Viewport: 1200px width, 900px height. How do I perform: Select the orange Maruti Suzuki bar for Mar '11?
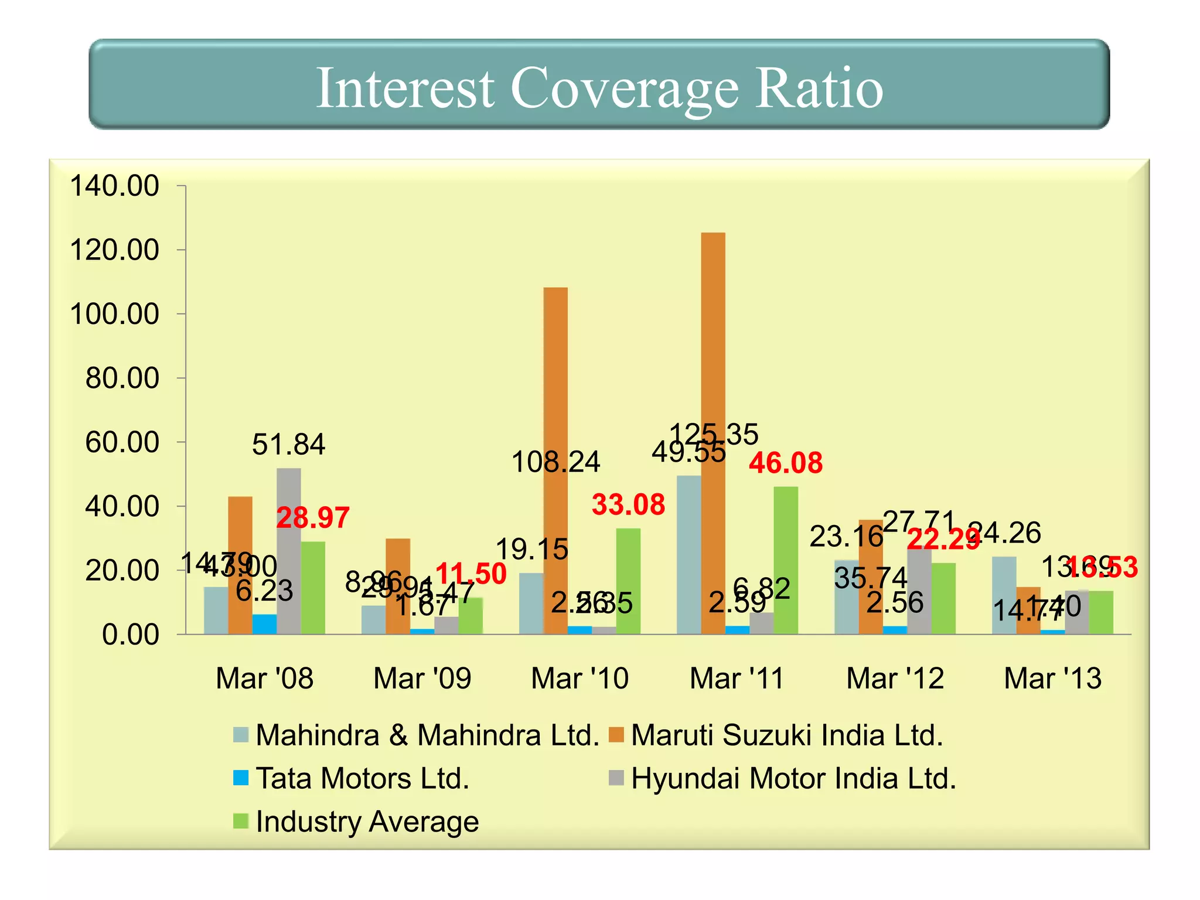point(713,434)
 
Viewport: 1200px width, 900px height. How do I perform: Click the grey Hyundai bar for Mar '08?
point(289,551)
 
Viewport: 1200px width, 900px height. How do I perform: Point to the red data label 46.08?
point(786,463)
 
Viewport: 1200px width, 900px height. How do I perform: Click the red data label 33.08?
point(628,504)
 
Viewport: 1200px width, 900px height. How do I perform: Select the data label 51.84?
point(288,444)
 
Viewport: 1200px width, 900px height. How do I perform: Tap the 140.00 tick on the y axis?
point(114,186)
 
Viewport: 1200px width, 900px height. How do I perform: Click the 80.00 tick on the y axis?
point(122,378)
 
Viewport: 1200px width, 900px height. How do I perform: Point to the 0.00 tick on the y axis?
point(130,635)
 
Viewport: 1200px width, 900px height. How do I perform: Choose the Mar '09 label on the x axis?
point(422,679)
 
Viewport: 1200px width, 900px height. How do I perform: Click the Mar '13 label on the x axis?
point(1053,679)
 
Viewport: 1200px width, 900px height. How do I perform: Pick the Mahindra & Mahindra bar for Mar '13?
point(1004,595)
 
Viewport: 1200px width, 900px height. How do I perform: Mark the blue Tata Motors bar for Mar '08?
point(264,624)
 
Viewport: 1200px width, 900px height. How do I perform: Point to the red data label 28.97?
point(313,518)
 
